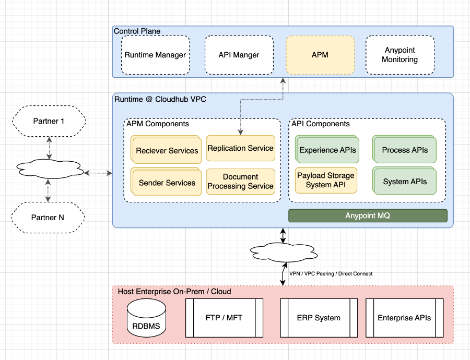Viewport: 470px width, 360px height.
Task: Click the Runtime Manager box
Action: click(x=155, y=55)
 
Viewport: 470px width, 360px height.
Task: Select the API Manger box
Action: click(x=239, y=55)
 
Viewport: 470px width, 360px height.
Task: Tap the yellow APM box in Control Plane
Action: click(x=320, y=55)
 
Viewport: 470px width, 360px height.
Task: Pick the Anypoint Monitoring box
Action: click(x=399, y=55)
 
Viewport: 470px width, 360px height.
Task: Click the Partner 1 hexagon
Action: click(x=49, y=121)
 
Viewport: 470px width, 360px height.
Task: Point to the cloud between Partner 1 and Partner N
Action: click(x=50, y=169)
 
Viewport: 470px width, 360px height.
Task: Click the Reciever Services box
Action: click(x=167, y=150)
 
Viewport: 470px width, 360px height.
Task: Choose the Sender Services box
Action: click(x=167, y=183)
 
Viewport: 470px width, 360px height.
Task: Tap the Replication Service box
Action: click(x=240, y=148)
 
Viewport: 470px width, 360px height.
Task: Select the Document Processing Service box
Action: click(x=240, y=182)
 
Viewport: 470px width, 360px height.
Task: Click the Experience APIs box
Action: click(x=327, y=150)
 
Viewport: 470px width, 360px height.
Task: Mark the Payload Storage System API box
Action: click(x=326, y=180)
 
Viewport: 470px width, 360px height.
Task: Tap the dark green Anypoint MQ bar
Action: click(x=368, y=215)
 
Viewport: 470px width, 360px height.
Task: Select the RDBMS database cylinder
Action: click(x=146, y=318)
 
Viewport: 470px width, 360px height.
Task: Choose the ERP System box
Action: click(x=319, y=317)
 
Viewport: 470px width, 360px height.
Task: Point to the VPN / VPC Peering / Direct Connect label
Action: click(x=331, y=273)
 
